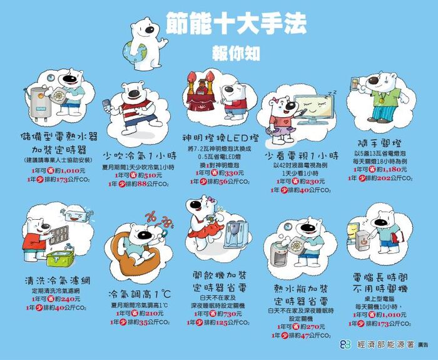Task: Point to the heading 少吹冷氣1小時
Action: click(135, 155)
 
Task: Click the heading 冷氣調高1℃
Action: click(140, 294)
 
